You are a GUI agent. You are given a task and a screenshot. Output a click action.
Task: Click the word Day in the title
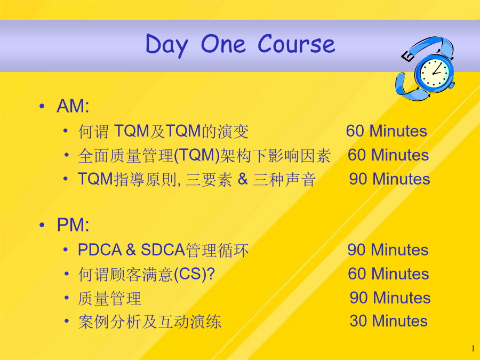(x=166, y=46)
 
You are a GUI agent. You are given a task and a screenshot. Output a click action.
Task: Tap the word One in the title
(x=223, y=44)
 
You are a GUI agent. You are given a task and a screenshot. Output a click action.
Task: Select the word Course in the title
(x=297, y=44)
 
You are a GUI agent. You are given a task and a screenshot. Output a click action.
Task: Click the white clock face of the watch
(x=434, y=73)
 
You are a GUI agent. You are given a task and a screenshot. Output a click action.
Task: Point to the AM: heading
(x=73, y=106)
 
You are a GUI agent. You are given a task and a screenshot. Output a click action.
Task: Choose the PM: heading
(x=73, y=225)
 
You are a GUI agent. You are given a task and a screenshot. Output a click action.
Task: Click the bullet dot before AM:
(x=42, y=107)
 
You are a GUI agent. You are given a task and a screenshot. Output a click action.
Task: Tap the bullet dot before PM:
(x=42, y=225)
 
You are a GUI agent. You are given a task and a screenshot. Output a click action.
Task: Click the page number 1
(x=473, y=348)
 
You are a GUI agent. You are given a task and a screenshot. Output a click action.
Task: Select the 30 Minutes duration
(x=388, y=321)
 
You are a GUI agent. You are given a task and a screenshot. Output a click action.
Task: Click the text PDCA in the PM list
(x=100, y=250)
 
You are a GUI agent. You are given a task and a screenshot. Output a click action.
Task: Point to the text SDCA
(x=163, y=250)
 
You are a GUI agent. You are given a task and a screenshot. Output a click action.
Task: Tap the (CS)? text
(x=194, y=274)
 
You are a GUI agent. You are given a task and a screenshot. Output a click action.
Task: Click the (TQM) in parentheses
(x=196, y=155)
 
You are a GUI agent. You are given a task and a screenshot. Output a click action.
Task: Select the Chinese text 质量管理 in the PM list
(x=109, y=298)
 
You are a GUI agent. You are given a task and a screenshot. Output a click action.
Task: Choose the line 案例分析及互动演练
(x=149, y=322)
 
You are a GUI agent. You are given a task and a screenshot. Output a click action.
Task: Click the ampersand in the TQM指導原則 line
(x=243, y=179)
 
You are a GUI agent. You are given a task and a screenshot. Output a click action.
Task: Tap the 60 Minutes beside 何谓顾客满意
(x=388, y=274)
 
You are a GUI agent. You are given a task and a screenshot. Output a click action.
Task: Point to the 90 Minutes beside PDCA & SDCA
(x=388, y=250)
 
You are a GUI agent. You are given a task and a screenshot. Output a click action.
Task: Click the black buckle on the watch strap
(x=407, y=57)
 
